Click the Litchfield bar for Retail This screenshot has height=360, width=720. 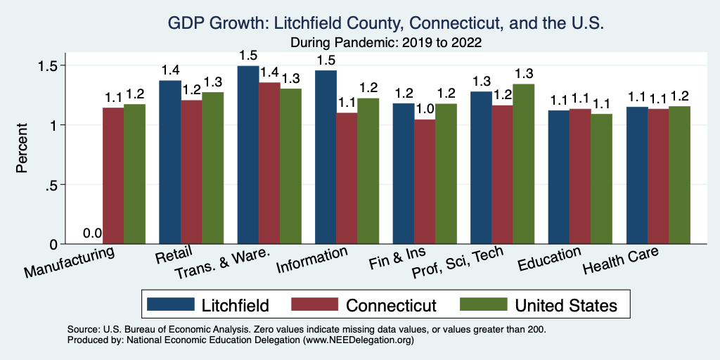(x=170, y=162)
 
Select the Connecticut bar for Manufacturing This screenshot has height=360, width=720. (x=113, y=176)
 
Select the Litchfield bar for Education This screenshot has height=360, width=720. (x=559, y=177)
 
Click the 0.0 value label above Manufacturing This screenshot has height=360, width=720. (x=93, y=233)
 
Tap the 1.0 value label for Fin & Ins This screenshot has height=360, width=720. (x=425, y=110)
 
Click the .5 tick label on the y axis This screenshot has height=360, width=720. (x=53, y=185)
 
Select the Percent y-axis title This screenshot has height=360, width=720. (x=22, y=149)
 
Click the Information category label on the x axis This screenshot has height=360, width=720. (x=312, y=260)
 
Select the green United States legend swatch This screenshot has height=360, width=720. (x=484, y=304)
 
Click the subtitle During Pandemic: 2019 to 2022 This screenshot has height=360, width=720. (x=385, y=42)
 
